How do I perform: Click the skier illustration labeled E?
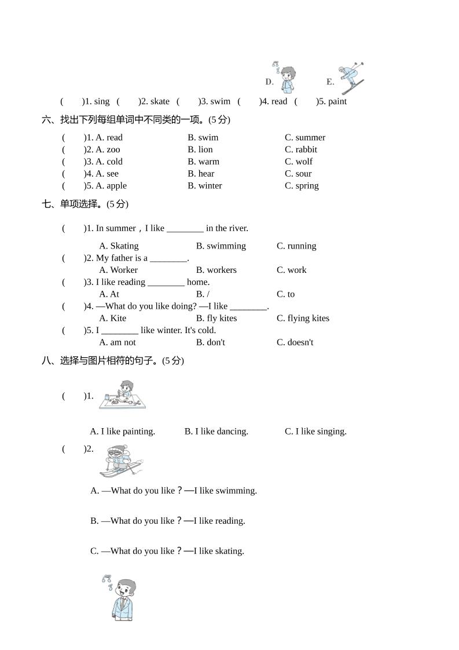pyautogui.click(x=351, y=78)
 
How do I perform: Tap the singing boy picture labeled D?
pyautogui.click(x=286, y=78)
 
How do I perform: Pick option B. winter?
pyautogui.click(x=205, y=186)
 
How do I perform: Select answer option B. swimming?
pyautogui.click(x=221, y=246)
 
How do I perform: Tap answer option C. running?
pyautogui.click(x=296, y=246)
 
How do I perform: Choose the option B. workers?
pyautogui.click(x=216, y=270)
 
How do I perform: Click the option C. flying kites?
pyautogui.click(x=303, y=318)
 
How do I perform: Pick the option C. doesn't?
pyautogui.click(x=295, y=342)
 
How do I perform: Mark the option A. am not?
pyautogui.click(x=117, y=342)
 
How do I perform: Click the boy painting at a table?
pyautogui.click(x=123, y=395)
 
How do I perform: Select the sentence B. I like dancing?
pyautogui.click(x=216, y=432)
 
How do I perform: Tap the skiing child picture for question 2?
pyautogui.click(x=120, y=461)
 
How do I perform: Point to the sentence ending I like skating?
pyautogui.click(x=167, y=551)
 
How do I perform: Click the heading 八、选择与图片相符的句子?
pyautogui.click(x=113, y=360)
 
